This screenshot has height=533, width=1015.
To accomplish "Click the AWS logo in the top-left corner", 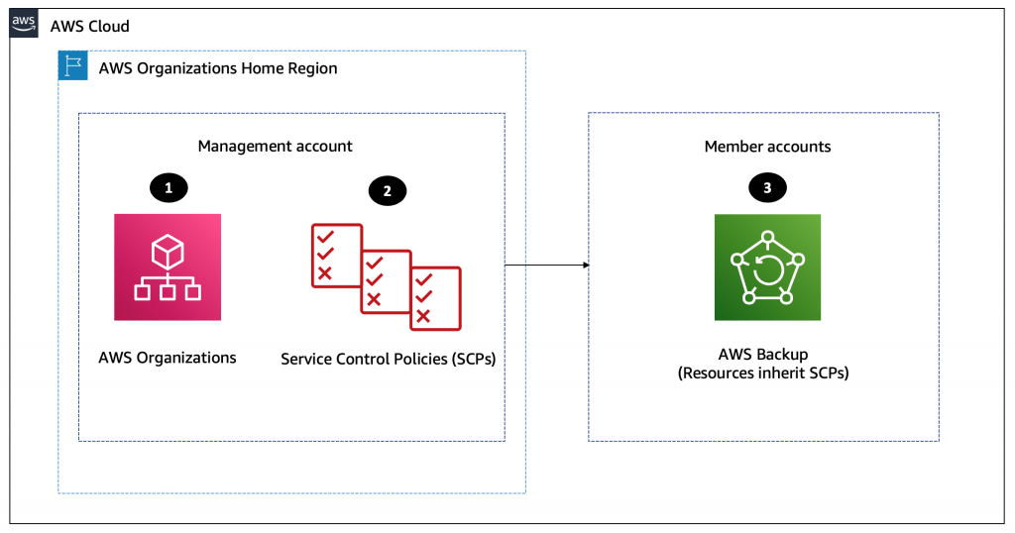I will pos(24,24).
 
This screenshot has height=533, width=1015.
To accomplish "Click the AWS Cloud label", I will pos(89,26).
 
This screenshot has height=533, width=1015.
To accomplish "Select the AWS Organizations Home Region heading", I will pos(218,68).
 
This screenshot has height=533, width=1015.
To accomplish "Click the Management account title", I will pos(275,146).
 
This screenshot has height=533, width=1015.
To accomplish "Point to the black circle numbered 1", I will pos(168,186).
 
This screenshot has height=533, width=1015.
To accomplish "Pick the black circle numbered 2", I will pos(387,191).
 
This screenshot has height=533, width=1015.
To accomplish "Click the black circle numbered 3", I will pos(767,186).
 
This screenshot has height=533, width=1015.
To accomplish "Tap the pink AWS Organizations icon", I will pos(168,266).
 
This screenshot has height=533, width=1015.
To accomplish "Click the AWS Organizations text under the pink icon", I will pos(168,358).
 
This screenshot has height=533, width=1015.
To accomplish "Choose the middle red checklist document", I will pos(386,281).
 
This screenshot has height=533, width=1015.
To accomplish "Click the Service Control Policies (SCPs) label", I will pos(388,359).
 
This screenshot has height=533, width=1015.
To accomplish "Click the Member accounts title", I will pos(767,146).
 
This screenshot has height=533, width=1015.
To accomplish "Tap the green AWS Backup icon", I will pos(767,267).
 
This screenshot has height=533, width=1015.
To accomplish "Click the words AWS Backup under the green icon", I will pos(767,355).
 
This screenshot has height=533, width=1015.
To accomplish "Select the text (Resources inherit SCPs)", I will pos(767,373).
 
